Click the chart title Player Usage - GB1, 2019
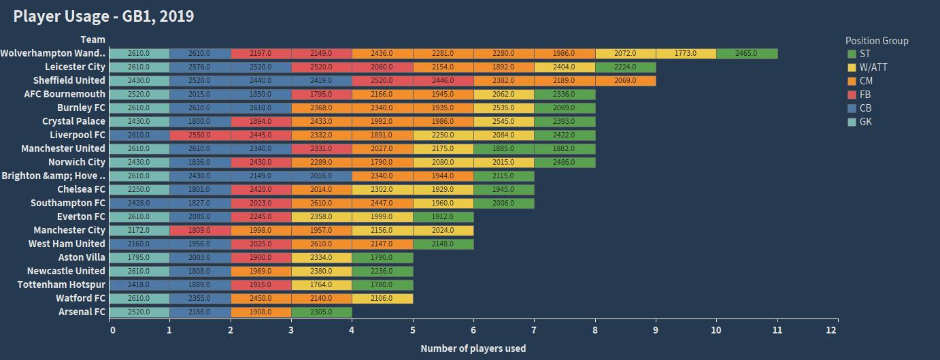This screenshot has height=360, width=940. (103, 16)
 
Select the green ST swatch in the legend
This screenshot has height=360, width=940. (852, 54)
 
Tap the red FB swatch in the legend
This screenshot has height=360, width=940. (852, 95)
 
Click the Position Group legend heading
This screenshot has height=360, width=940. (876, 41)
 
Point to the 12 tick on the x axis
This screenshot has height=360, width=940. (831, 330)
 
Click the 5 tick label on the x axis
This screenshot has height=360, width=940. (413, 330)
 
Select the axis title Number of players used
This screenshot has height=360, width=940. (473, 348)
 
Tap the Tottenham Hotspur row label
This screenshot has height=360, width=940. (61, 284)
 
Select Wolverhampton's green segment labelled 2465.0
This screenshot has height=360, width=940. (746, 53)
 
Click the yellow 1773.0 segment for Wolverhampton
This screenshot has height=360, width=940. (686, 53)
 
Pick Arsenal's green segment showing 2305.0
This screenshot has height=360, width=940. (321, 312)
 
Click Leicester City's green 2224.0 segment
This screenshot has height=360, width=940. (625, 67)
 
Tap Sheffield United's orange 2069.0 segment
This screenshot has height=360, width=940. (625, 80)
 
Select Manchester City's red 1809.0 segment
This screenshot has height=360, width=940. (200, 230)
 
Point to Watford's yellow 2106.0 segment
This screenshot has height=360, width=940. (382, 298)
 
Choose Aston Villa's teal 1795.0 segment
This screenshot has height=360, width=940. (139, 257)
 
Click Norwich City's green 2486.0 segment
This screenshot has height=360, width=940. (565, 162)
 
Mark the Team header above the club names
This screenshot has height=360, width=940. (93, 39)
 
